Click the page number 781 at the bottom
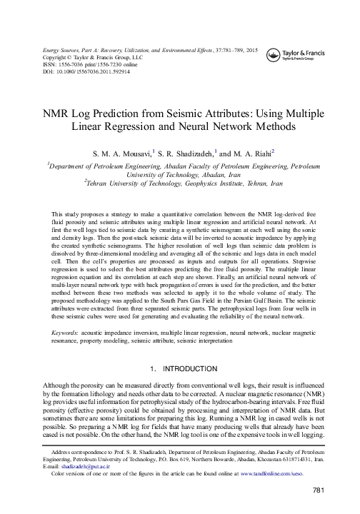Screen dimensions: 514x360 tap(319, 489)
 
